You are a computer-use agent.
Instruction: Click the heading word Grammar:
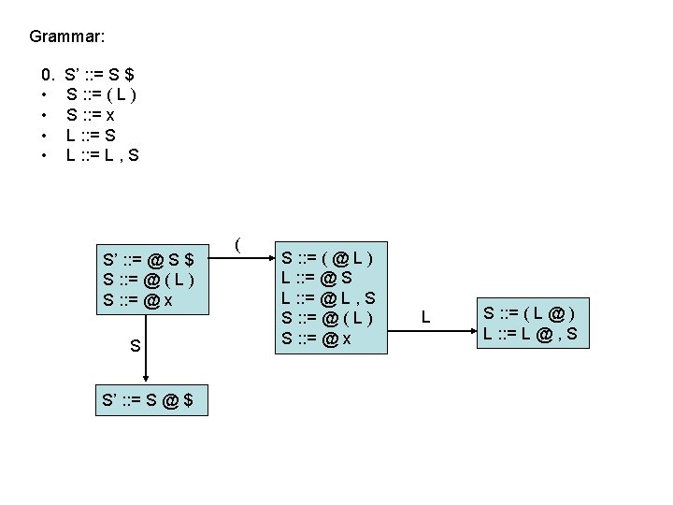coord(66,36)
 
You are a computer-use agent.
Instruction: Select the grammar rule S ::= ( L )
coord(102,94)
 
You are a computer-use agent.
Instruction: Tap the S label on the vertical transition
coord(136,346)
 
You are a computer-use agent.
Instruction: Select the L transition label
coord(425,318)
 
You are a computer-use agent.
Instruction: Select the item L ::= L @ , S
coord(529,332)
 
